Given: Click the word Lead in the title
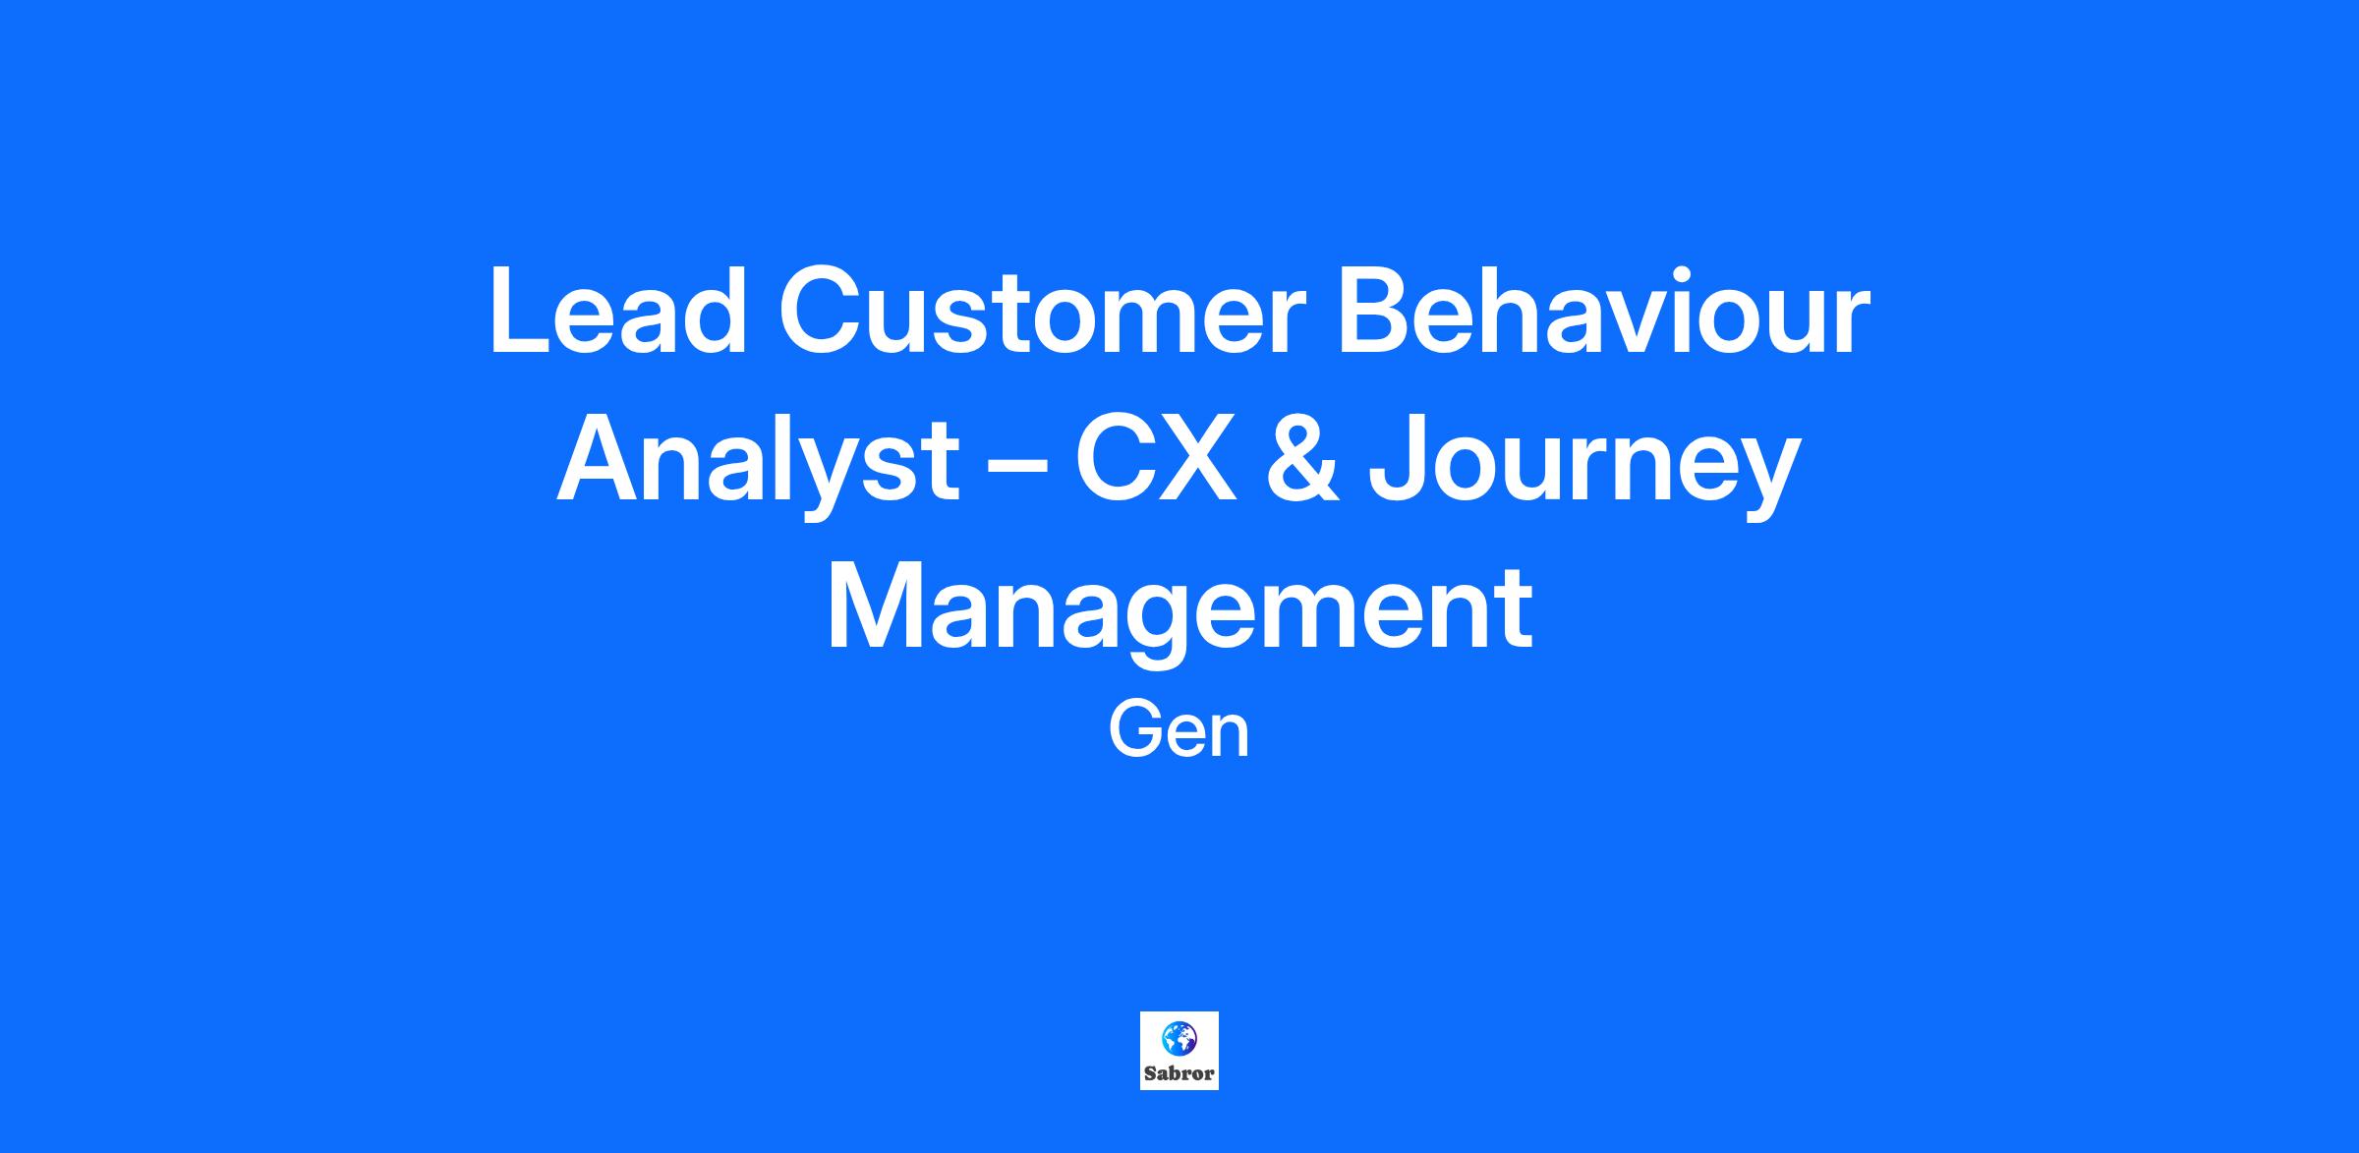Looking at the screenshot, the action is pyautogui.click(x=617, y=311).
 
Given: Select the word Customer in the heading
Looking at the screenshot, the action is pyautogui.click(x=1042, y=311).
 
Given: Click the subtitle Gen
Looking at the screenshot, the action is pyautogui.click(x=1179, y=731).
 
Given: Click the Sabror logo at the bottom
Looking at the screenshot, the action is pyautogui.click(x=1179, y=1051).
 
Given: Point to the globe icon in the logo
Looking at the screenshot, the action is pyautogui.click(x=1179, y=1037).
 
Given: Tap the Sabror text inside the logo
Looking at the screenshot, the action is pyautogui.click(x=1179, y=1073).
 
